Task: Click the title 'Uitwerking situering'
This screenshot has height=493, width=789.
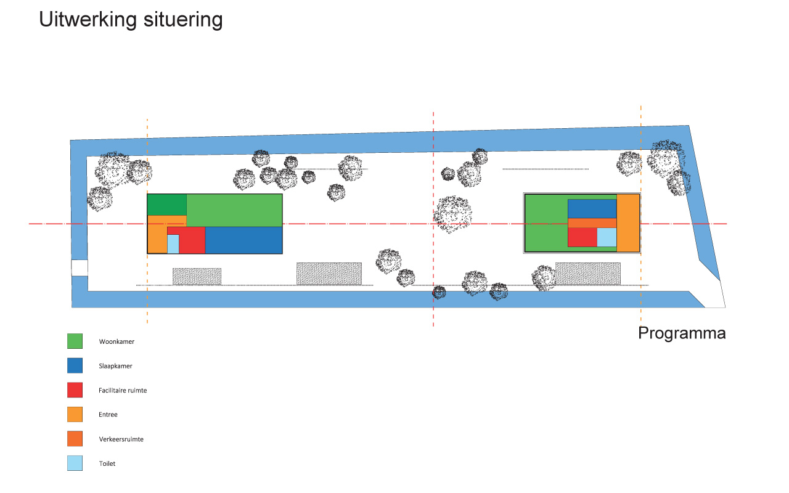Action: tap(131, 20)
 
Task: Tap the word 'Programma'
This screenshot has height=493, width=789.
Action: tap(682, 333)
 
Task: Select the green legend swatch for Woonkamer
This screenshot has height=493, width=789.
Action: tap(75, 341)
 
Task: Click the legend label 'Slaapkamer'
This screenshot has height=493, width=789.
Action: tap(115, 366)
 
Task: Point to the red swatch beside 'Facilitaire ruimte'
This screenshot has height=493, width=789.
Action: tap(75, 390)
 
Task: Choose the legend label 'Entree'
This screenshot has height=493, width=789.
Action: tap(108, 415)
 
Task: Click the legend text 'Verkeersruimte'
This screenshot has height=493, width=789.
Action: tap(121, 439)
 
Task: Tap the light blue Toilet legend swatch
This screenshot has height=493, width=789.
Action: tap(75, 463)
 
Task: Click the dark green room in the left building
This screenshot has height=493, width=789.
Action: tap(167, 205)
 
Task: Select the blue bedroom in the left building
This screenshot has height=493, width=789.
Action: tap(243, 240)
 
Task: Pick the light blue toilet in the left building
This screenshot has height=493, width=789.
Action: tap(173, 243)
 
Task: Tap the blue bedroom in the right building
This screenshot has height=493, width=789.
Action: tap(592, 209)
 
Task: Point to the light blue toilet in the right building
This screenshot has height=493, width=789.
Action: tap(607, 237)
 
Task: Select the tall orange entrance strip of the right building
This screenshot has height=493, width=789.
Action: tap(628, 223)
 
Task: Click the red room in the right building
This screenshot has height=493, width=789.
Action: tap(583, 237)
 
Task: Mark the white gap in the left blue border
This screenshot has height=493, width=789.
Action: tap(80, 268)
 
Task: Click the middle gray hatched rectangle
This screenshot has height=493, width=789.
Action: tap(329, 274)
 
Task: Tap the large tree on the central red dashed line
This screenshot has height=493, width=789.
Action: tap(452, 214)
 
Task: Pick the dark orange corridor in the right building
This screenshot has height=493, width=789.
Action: tap(592, 223)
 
